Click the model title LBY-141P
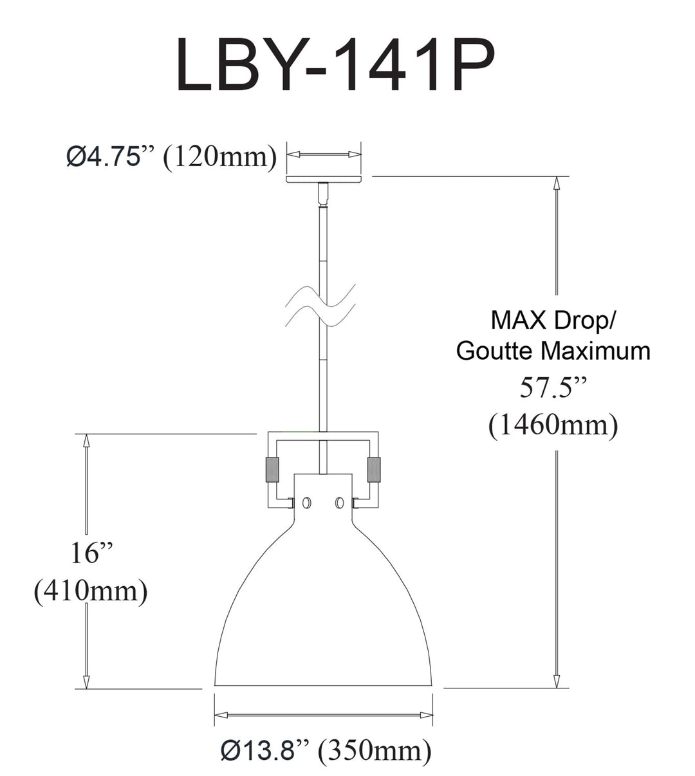click(335, 64)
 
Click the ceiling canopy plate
click(324, 180)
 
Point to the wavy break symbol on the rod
click(320, 305)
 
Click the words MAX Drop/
click(553, 320)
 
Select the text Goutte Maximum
click(553, 351)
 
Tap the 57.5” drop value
click(553, 387)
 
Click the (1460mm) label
click(553, 425)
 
